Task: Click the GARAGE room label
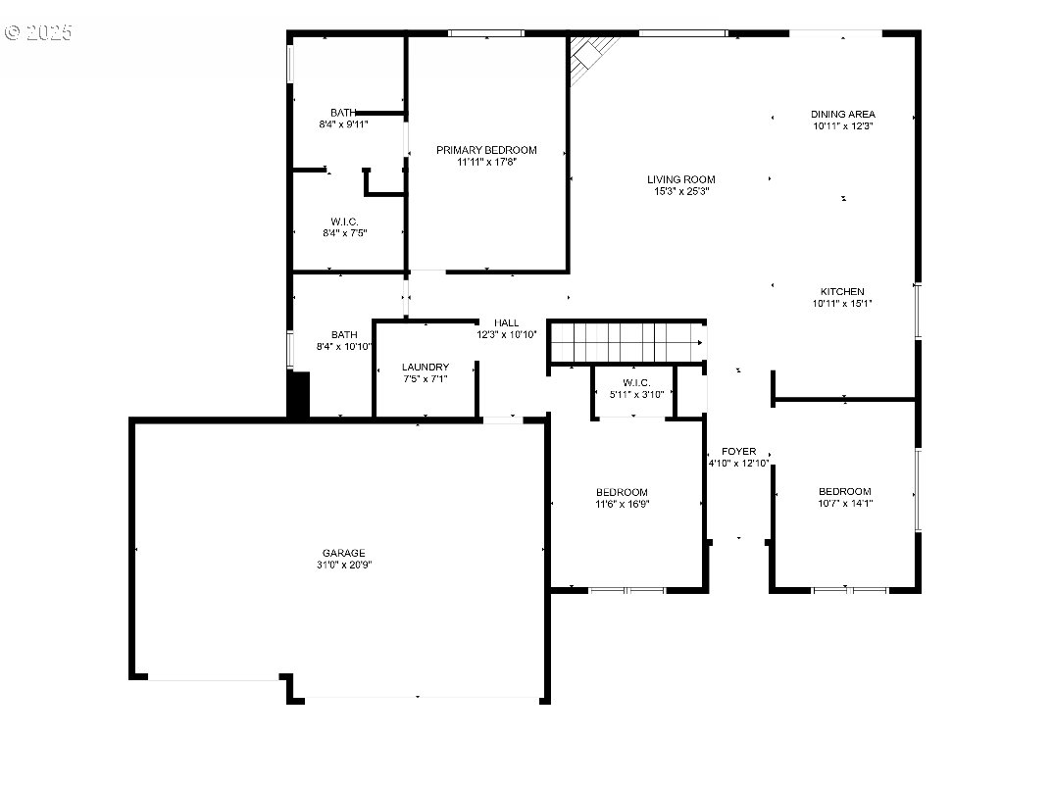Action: [343, 554]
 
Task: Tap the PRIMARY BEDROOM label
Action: [486, 150]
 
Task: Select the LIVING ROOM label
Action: [681, 179]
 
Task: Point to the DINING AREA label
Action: [842, 115]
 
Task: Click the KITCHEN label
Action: [842, 292]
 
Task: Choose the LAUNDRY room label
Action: [426, 368]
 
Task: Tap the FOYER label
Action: [738, 452]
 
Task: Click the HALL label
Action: [507, 323]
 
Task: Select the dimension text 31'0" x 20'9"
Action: [343, 565]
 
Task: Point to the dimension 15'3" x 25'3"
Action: [681, 191]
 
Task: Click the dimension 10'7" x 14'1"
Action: [845, 503]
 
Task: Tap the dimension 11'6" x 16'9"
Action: [622, 505]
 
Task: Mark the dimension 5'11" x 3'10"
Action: [636, 394]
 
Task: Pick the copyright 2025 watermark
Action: [39, 32]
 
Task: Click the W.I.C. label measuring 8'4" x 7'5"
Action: [344, 222]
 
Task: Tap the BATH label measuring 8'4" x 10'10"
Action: [344, 334]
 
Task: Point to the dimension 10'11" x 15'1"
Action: [842, 303]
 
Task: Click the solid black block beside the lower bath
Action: [299, 395]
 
